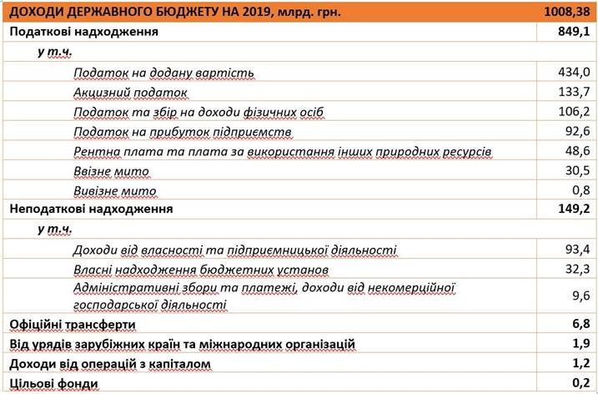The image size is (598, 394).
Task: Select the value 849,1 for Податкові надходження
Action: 573,33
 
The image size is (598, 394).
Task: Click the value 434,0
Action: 573,73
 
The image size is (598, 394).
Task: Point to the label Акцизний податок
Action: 130,93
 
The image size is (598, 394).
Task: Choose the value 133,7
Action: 573,92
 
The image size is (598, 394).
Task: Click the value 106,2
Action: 573,112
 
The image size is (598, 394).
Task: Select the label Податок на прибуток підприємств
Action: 182,132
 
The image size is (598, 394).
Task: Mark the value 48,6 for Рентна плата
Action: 576,151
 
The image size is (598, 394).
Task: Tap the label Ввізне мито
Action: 111,171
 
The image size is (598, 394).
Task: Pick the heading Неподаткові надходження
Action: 91,210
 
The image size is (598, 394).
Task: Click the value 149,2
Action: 573,210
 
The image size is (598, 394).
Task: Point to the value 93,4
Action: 576,249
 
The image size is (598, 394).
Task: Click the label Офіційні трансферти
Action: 73,324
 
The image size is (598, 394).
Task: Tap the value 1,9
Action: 580,344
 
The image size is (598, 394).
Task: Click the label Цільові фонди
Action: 54,384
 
